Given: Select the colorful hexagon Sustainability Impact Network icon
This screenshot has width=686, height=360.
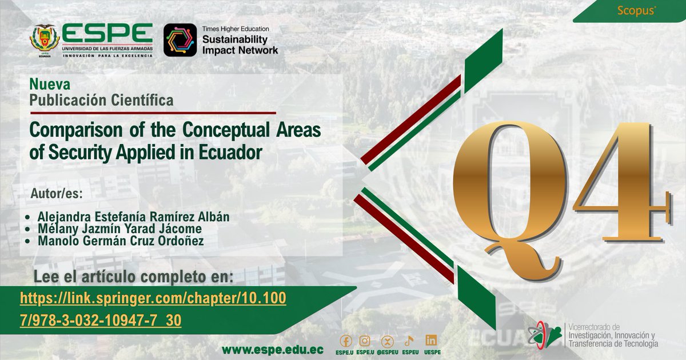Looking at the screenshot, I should pyautogui.click(x=180, y=40).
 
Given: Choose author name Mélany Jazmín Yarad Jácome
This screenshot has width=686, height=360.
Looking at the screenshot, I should pyautogui.click(x=119, y=229).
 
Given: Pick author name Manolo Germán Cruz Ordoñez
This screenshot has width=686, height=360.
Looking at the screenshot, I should pyautogui.click(x=121, y=241).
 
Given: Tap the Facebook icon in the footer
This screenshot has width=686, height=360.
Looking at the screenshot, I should pyautogui.click(x=345, y=341).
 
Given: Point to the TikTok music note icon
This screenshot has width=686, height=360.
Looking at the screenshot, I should pyautogui.click(x=409, y=341).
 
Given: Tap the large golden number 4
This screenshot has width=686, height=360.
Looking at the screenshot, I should pyautogui.click(x=620, y=183).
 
